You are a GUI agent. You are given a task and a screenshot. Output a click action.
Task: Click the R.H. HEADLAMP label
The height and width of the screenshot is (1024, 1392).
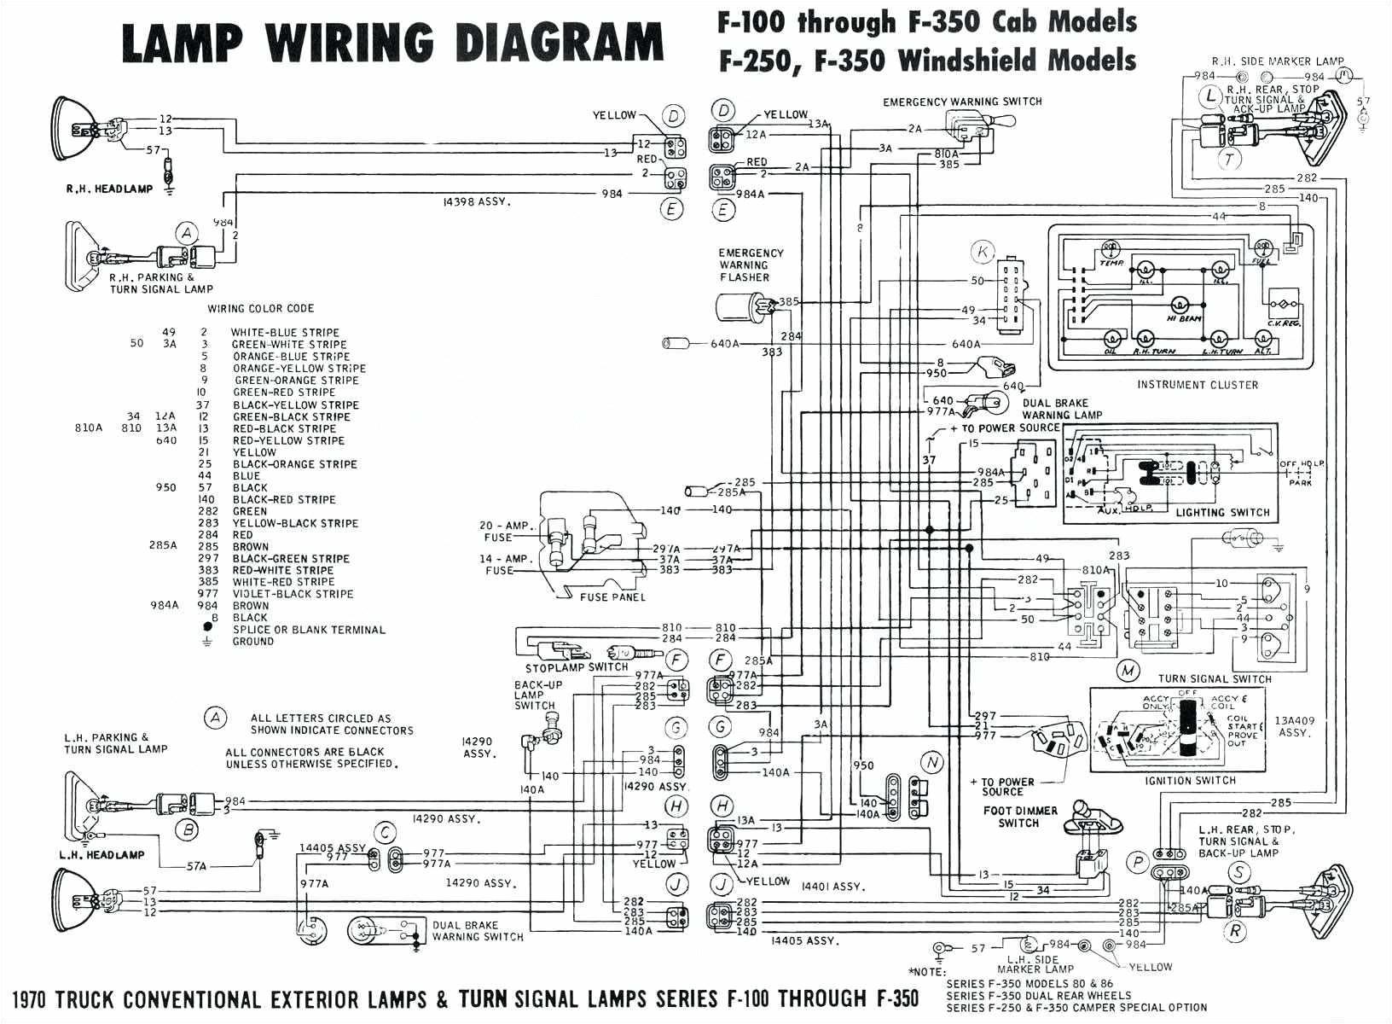click(109, 189)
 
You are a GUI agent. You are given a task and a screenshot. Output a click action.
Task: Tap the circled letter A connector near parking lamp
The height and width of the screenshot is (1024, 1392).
click(187, 233)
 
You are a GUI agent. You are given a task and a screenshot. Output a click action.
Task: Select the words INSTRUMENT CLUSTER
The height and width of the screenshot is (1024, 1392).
click(1197, 385)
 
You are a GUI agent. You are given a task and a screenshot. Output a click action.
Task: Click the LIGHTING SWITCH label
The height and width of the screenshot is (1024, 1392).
click(1222, 513)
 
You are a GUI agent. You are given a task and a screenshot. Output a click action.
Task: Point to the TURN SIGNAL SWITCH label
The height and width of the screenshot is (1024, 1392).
click(1215, 679)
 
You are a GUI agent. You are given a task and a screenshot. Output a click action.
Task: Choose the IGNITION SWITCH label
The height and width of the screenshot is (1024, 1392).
click(1192, 781)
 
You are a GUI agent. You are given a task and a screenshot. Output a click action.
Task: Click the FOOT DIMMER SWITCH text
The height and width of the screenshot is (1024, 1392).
click(1019, 817)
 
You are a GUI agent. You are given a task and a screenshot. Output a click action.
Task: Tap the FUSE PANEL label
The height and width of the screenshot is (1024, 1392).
click(612, 597)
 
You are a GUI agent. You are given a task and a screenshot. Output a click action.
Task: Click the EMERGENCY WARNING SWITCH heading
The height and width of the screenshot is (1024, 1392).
click(962, 102)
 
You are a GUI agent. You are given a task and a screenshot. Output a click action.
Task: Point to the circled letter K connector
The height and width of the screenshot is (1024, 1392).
click(983, 252)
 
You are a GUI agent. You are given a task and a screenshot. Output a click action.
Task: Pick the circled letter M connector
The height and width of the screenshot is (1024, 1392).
click(1128, 671)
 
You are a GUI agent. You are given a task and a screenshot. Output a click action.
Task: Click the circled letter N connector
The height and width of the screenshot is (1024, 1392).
click(932, 762)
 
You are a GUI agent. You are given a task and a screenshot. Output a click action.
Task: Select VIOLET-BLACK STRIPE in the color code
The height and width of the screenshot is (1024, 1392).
click(293, 594)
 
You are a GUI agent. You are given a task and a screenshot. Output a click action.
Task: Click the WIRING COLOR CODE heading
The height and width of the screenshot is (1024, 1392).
click(261, 309)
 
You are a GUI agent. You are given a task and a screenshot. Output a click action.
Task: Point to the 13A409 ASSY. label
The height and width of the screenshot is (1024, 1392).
click(1295, 726)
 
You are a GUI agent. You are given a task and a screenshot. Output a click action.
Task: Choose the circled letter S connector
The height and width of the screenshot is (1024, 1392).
click(1238, 871)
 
